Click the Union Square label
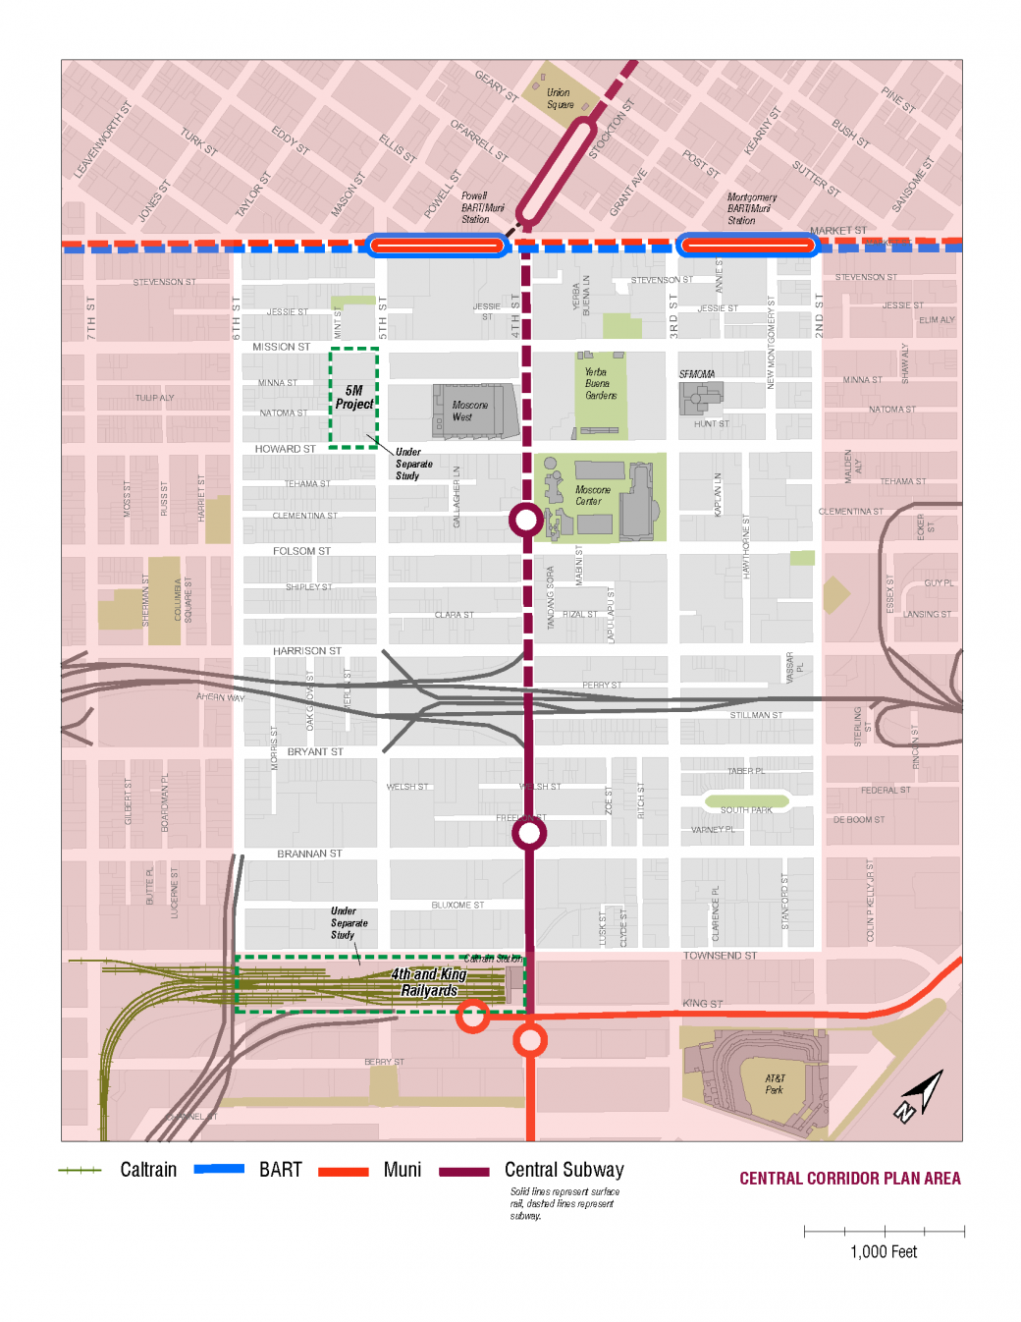click(559, 98)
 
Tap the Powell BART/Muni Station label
click(481, 208)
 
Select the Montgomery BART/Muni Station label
click(751, 209)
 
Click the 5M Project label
click(353, 397)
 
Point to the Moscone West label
click(468, 411)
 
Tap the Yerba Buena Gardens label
click(600, 384)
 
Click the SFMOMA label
click(696, 374)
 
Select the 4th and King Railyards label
click(429, 982)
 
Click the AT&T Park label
click(775, 1084)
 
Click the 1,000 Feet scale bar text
click(883, 1252)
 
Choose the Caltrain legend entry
click(148, 1170)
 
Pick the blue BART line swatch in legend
click(219, 1169)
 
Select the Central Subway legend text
click(564, 1170)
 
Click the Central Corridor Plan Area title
click(849, 1179)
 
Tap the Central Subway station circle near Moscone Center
click(525, 520)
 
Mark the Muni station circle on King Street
click(473, 1016)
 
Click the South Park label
click(746, 810)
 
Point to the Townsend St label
click(720, 956)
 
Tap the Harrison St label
click(306, 651)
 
